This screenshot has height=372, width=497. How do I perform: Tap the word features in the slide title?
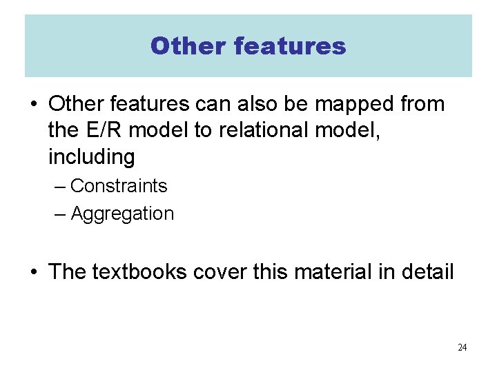tap(290, 46)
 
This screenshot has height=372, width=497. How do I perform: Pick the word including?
tap(91, 157)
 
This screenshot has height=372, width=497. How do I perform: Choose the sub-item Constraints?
tap(119, 186)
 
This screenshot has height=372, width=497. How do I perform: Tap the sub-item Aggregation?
tap(122, 214)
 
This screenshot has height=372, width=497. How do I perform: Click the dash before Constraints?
tap(61, 186)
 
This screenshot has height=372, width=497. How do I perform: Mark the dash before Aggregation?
tap(61, 214)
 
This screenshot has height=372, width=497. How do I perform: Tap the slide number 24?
tap(462, 347)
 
